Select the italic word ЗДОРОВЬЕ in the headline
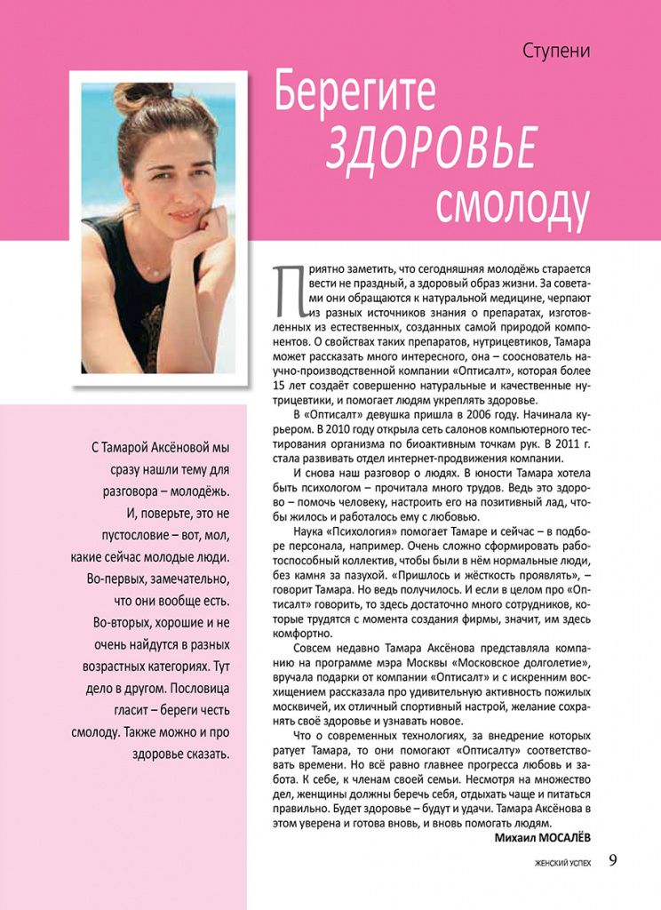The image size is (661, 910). [x=432, y=146]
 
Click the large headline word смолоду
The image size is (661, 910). [x=513, y=203]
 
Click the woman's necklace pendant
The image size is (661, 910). [x=157, y=268]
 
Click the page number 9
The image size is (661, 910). [x=615, y=859]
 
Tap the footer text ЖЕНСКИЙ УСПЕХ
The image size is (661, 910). [x=563, y=862]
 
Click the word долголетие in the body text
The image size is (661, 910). [x=556, y=662]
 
